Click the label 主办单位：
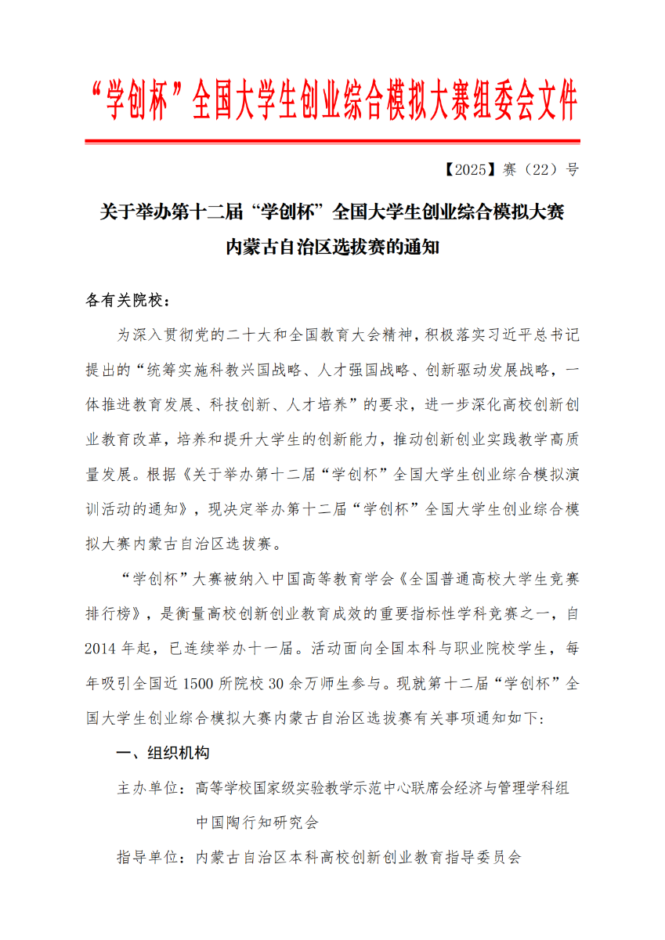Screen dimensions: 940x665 pyautogui.click(x=150, y=788)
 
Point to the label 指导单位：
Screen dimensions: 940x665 pyautogui.click(x=150, y=857)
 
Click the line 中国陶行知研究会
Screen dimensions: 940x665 pyautogui.click(x=258, y=822)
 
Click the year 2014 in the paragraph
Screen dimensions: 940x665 pyautogui.click(x=101, y=649)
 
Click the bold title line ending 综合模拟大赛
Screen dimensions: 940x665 pyautogui.click(x=332, y=212)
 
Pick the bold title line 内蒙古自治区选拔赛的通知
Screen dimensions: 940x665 pyautogui.click(x=332, y=248)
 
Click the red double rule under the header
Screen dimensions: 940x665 pyautogui.click(x=332, y=142)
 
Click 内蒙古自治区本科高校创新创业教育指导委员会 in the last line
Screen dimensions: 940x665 pyautogui.click(x=358, y=857)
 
